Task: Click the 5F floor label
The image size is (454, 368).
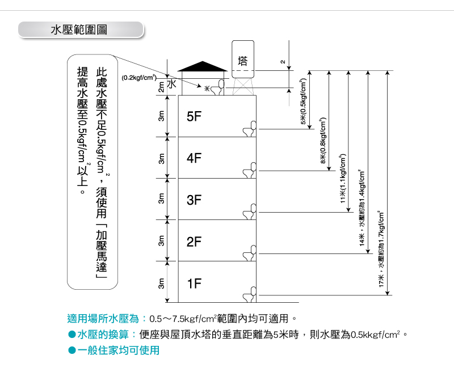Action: tap(194, 117)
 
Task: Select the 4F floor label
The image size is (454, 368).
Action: tap(194, 158)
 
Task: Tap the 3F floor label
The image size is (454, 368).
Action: tap(194, 200)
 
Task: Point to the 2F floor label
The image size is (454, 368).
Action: tap(194, 242)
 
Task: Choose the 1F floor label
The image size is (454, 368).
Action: tap(194, 284)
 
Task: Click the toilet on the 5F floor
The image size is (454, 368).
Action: tap(250, 129)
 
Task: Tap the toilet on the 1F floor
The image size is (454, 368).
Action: tap(250, 294)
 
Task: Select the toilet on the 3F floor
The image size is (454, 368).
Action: tap(250, 212)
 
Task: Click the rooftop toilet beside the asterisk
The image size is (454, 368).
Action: tap(217, 87)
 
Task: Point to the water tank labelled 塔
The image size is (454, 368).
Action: tap(243, 60)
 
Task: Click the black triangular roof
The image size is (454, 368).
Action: tap(203, 66)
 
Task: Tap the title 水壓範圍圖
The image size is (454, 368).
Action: tap(79, 29)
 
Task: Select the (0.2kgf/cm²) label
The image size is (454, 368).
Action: tap(139, 78)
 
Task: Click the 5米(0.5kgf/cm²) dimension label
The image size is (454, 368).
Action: tap(303, 101)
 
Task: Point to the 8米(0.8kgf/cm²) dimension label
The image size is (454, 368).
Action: tap(323, 140)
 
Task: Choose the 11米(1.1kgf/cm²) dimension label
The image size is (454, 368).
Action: tap(343, 178)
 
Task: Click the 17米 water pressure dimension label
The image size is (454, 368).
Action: tap(381, 249)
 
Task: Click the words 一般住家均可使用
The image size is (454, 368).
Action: tap(119, 350)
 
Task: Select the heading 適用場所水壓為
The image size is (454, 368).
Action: tap(103, 319)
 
